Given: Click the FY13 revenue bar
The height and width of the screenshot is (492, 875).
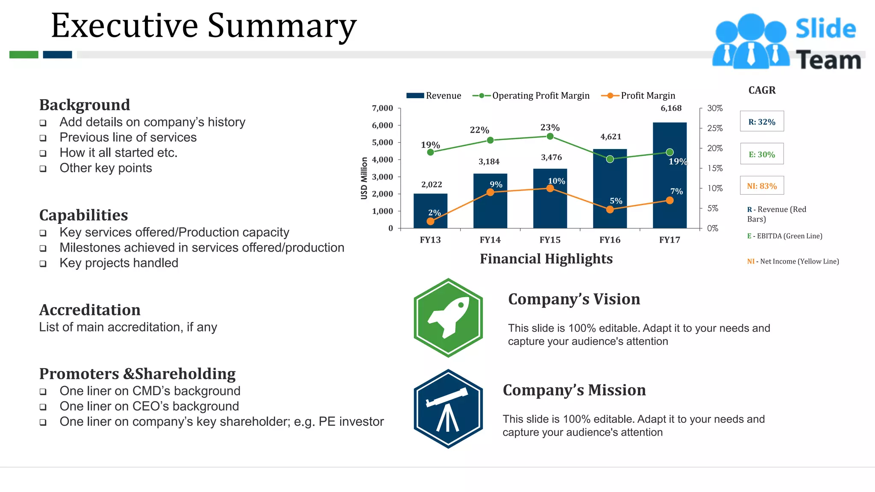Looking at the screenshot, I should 430,211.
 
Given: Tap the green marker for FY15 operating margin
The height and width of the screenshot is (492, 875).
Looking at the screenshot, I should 550,136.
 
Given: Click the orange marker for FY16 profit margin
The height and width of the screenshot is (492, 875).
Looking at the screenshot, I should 610,209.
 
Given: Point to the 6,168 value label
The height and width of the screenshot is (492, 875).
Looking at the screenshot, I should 671,108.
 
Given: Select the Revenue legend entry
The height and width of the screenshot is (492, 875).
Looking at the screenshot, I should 434,96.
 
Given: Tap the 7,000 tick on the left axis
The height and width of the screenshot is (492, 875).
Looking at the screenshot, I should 382,108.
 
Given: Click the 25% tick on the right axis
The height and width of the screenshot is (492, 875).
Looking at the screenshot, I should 714,128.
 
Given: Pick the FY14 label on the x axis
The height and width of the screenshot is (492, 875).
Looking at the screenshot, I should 490,240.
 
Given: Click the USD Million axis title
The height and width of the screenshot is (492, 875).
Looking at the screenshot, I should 364,178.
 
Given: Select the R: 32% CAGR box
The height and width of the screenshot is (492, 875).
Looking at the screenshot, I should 762,122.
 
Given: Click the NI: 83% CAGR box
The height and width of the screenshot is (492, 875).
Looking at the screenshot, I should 762,186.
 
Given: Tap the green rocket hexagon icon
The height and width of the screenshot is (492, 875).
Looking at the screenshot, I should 448,318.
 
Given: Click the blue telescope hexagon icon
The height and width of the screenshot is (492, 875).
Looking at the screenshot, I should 448,409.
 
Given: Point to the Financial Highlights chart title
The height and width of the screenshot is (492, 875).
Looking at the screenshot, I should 546,259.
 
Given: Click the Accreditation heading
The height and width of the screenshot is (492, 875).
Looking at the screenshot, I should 90,310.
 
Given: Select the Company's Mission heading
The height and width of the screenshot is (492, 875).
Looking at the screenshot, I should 574,390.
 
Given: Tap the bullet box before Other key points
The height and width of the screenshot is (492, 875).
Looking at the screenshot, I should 43,169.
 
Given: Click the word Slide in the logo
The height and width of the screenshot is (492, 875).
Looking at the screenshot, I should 825,29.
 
